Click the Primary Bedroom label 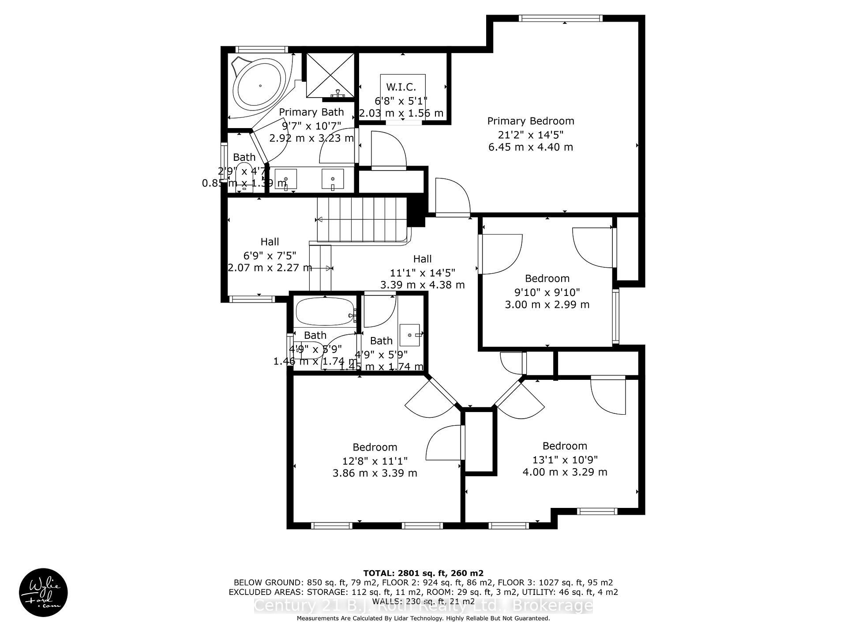(531, 121)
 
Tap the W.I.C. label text (401, 87)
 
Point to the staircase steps (362, 219)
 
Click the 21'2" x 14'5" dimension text (531, 134)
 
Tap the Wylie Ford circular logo (43, 592)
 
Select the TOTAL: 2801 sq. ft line (423, 573)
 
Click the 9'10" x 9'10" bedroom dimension (547, 292)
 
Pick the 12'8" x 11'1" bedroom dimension (375, 461)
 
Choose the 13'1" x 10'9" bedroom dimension (565, 459)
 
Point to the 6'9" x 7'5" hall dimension (270, 255)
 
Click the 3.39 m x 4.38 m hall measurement (423, 285)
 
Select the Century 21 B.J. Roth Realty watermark (423, 606)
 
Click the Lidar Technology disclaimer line (423, 618)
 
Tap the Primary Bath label (311, 112)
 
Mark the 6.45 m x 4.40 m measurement (531, 147)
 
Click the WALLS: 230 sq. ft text (423, 601)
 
